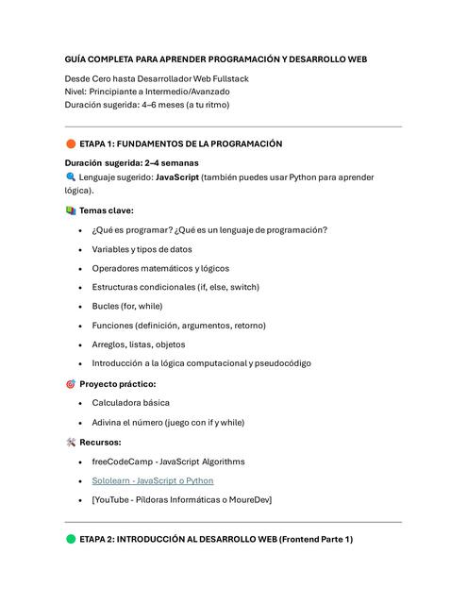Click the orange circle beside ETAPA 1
point(71,144)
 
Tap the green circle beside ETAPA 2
point(71,539)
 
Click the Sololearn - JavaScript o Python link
point(152,480)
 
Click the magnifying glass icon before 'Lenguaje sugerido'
point(71,176)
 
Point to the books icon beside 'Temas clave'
point(71,210)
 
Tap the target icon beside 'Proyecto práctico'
point(71,384)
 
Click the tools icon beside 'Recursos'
point(71,442)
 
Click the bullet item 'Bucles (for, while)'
point(127,306)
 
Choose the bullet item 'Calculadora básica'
point(131,403)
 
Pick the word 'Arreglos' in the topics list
point(109,344)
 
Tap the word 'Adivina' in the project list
point(108,422)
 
